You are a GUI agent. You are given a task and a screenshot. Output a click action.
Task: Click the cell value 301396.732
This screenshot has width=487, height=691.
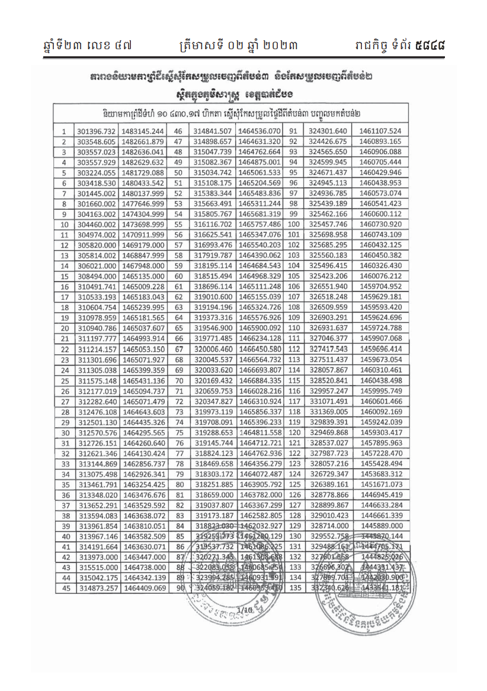point(95,130)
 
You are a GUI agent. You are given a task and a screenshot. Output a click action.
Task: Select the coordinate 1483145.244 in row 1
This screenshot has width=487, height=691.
point(143,130)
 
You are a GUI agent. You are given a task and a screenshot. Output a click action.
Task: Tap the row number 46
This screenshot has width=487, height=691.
point(177,130)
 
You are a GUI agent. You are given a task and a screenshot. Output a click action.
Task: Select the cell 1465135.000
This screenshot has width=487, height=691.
point(143,276)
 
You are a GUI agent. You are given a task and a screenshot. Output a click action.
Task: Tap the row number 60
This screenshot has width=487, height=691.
point(177,276)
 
